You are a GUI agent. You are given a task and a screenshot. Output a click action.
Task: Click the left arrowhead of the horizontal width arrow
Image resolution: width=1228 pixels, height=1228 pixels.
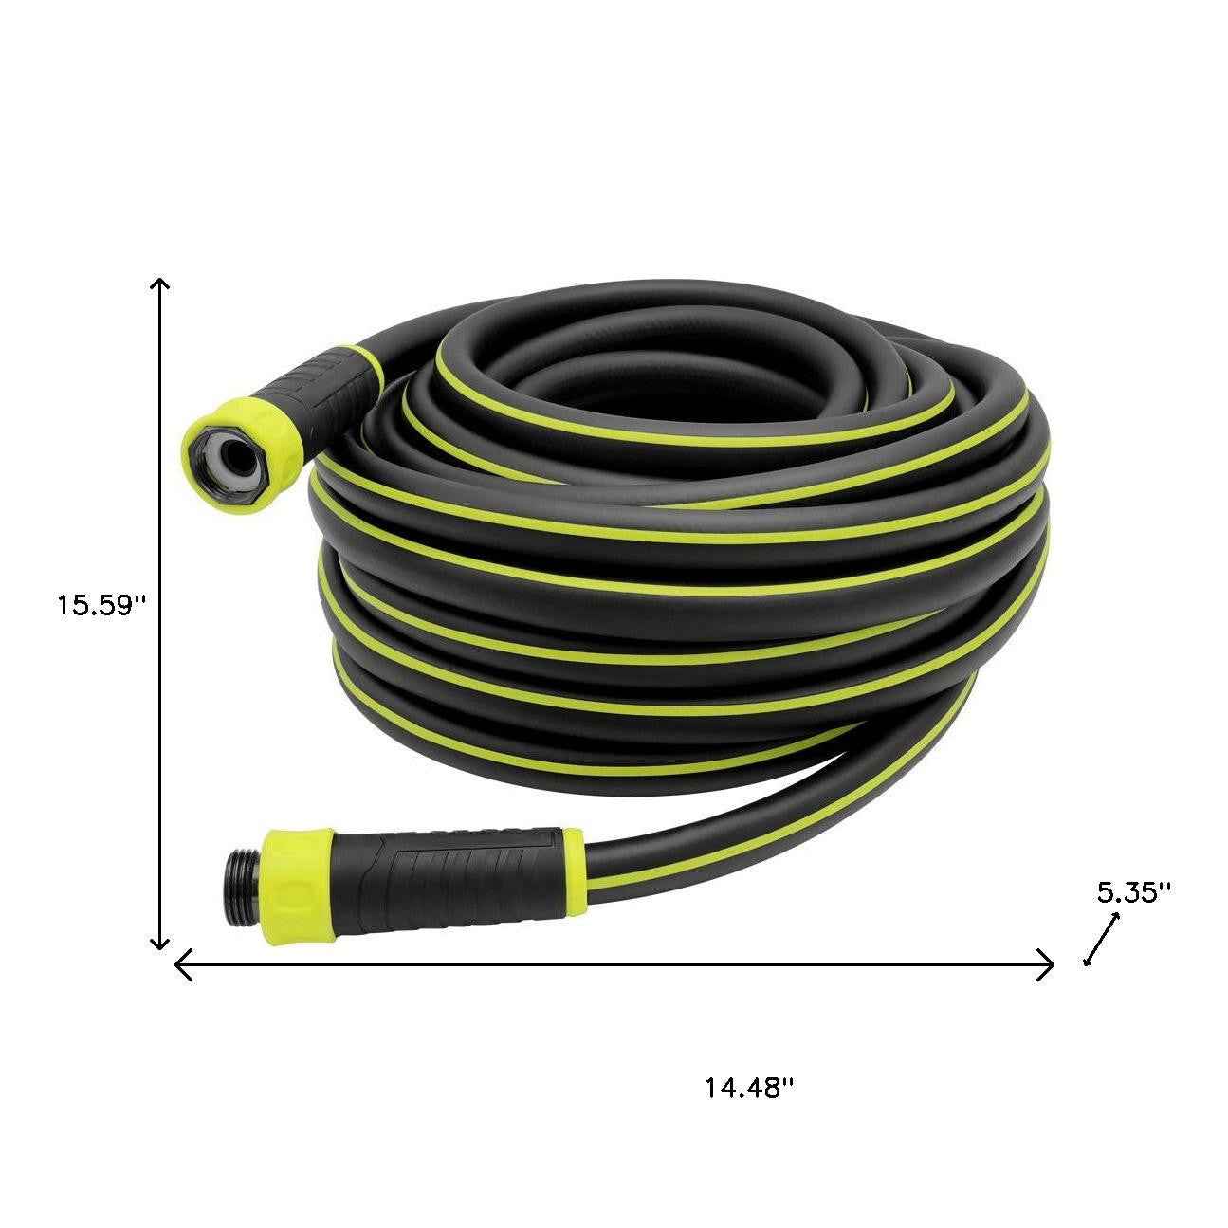183,966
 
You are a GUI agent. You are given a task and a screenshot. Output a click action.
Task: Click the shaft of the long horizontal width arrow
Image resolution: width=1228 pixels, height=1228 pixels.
616,966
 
